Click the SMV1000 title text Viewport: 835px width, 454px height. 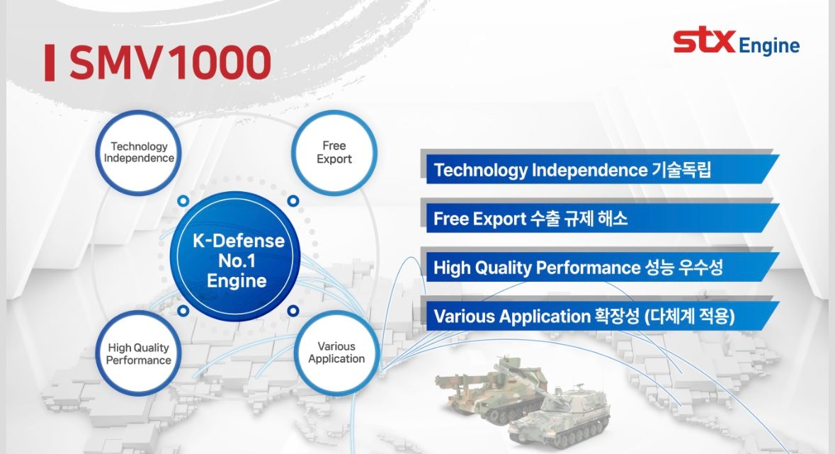tap(170, 63)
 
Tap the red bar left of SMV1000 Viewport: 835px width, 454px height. tap(49, 63)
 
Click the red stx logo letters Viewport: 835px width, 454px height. tap(704, 42)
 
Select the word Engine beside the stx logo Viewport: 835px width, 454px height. tap(768, 47)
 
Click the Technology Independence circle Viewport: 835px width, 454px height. tap(139, 152)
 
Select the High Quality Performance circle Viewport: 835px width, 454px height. tap(139, 353)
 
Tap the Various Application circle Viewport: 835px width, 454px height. tap(336, 352)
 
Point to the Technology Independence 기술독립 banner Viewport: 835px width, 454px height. tap(598, 170)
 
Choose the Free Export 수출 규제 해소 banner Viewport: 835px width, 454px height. tap(598, 219)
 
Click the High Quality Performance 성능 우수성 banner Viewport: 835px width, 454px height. tap(598, 268)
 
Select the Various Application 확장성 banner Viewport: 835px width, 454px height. tap(598, 317)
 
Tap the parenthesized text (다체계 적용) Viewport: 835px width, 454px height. tap(690, 317)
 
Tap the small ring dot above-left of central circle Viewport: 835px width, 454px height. tap(183, 201)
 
